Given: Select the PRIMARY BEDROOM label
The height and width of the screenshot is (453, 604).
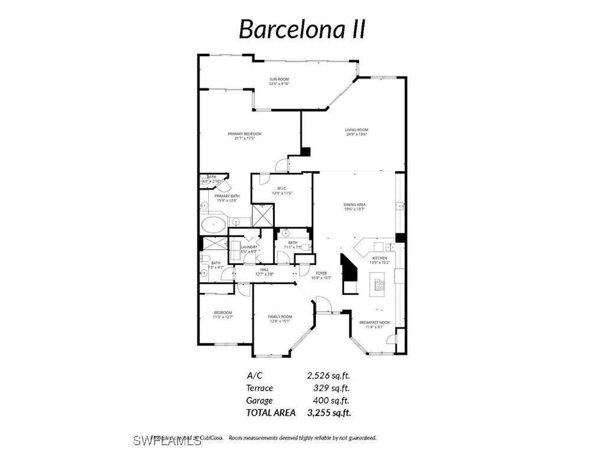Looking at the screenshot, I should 244,134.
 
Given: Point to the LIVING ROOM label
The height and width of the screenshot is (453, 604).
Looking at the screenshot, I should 356,130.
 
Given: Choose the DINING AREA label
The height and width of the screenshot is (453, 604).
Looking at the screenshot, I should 354,205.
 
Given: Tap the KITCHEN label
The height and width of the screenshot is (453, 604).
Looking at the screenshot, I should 379,258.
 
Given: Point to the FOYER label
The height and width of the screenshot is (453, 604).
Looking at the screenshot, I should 321,273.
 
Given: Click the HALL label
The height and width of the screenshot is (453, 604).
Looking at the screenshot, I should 265,270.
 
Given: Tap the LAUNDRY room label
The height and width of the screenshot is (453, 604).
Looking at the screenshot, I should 249,247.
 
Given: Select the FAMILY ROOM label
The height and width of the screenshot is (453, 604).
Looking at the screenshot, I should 280,317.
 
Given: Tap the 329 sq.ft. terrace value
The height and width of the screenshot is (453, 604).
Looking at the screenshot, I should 331,388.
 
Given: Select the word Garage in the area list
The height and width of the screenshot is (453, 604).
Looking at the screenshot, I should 260,401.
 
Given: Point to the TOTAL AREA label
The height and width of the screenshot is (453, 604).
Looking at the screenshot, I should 271,413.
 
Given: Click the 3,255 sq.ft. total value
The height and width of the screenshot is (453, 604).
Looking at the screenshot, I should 329,413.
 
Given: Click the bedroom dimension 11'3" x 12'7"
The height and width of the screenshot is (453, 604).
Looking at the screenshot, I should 223,317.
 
